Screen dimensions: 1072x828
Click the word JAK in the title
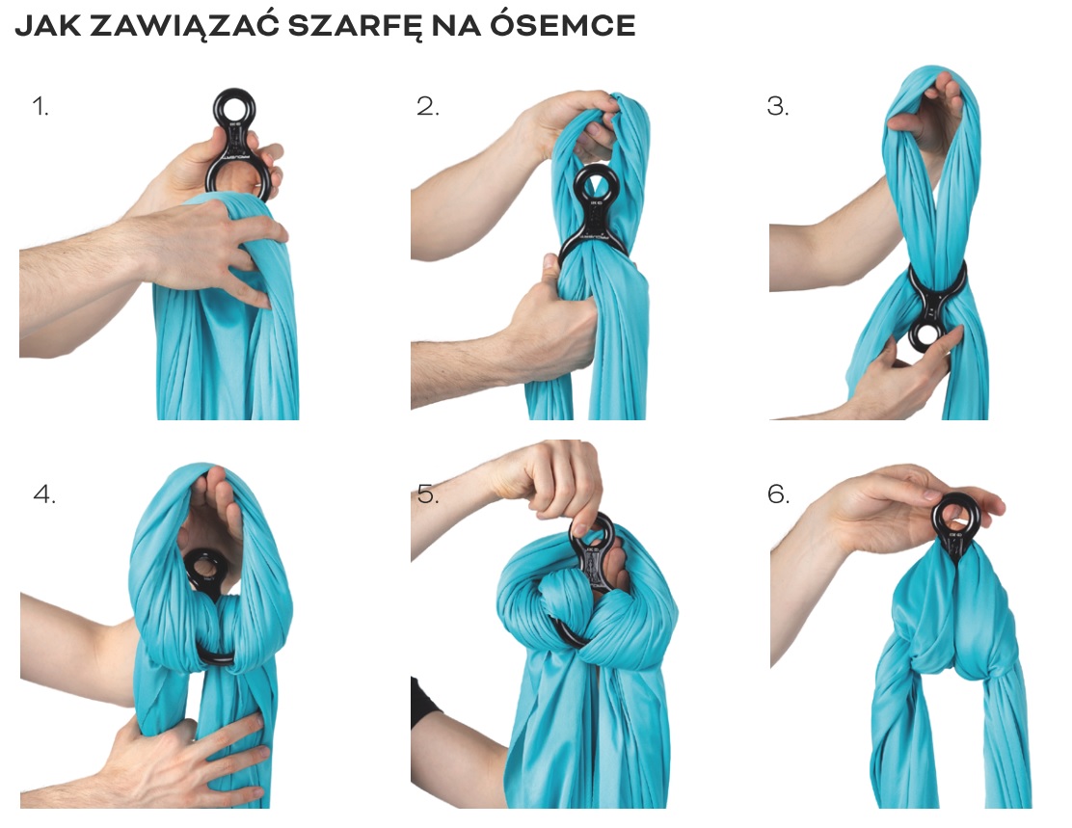[x=47, y=26]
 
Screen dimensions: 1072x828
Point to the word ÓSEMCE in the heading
[x=563, y=25]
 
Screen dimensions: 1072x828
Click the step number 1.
[x=40, y=107]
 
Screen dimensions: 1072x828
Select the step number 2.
[x=427, y=107]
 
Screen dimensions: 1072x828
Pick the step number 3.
[x=778, y=107]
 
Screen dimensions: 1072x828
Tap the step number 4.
[x=44, y=494]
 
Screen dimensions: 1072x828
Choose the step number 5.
[x=427, y=494]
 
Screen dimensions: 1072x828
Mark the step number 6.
[x=778, y=494]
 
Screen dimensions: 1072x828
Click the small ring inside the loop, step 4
[x=202, y=569]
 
